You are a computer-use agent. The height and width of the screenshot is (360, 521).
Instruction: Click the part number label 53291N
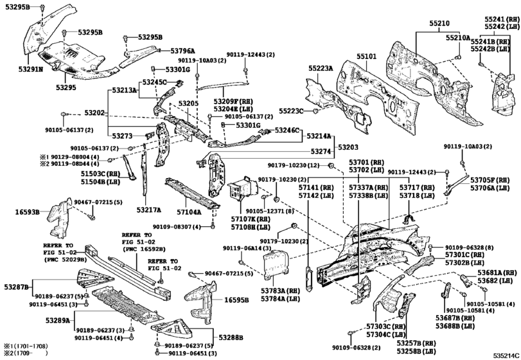pyautogui.click(x=30, y=67)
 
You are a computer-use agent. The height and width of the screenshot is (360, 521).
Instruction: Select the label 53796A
pyautogui.click(x=183, y=50)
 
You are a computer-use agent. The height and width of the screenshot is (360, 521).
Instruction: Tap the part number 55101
pyautogui.click(x=367, y=57)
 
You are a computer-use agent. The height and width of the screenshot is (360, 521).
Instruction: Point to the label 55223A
pyautogui.click(x=321, y=67)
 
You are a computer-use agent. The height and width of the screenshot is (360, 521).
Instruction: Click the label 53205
pyautogui.click(x=188, y=104)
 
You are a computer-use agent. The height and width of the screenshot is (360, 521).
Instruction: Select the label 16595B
pyautogui.click(x=237, y=300)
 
